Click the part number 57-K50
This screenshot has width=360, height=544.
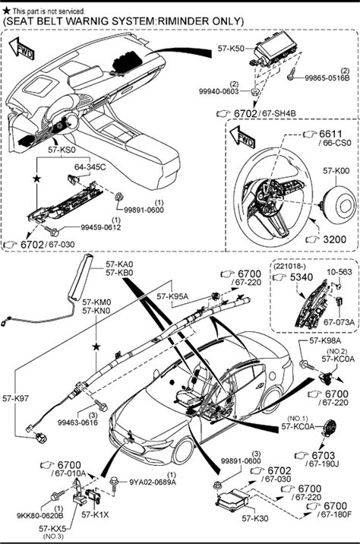[x=231, y=49]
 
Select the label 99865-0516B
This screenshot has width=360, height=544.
[x=327, y=78]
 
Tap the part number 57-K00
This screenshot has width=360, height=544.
[x=336, y=171]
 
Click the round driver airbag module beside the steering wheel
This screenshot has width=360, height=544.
[x=339, y=205]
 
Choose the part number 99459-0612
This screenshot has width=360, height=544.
[x=101, y=227]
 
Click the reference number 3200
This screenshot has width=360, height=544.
[x=334, y=239]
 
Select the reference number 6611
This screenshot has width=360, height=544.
[x=330, y=134]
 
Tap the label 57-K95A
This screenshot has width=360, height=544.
[x=172, y=296]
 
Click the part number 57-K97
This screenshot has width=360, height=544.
[x=16, y=398]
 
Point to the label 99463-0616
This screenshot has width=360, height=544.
[x=77, y=422]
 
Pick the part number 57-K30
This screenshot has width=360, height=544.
[x=255, y=518]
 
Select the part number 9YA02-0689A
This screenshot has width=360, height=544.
[x=153, y=482]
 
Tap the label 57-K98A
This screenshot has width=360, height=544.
[x=325, y=340]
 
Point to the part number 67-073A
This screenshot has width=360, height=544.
[x=339, y=322]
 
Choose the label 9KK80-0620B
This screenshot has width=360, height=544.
[x=40, y=516]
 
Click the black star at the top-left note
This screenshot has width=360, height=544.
[x=6, y=11]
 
